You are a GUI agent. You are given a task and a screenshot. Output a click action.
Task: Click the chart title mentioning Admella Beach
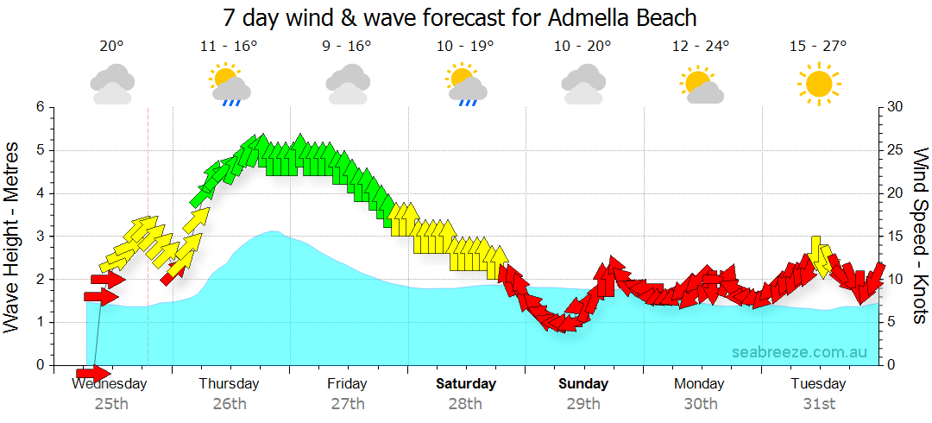tap(459, 16)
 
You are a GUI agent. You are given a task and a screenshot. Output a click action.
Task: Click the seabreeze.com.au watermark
tap(799, 352)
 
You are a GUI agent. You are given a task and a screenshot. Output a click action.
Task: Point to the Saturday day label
tap(465, 383)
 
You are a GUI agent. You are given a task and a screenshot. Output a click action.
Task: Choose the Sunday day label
tap(583, 383)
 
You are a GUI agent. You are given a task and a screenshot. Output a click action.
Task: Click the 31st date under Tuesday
tap(818, 403)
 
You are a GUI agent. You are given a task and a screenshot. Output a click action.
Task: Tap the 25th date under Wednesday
tap(111, 403)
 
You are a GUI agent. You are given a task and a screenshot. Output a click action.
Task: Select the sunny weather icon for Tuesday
tap(818, 84)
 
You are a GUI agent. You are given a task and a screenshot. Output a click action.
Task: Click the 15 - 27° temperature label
tap(818, 47)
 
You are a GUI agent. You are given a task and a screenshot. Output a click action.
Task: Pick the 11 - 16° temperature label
tap(229, 47)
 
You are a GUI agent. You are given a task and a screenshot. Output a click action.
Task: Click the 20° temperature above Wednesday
tap(111, 47)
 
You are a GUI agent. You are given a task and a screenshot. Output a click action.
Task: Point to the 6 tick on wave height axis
tap(38, 107)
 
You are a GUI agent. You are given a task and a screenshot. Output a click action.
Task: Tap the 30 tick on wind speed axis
tap(896, 107)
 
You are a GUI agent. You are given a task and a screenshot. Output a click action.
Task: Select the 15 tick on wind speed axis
tap(896, 236)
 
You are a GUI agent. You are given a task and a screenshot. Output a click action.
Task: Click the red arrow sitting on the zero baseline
tap(93, 373)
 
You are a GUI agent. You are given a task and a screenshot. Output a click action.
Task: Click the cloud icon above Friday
tap(347, 85)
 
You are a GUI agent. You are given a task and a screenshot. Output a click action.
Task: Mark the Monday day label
tap(700, 383)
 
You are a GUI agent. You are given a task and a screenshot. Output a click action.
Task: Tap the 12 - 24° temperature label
tap(700, 47)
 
